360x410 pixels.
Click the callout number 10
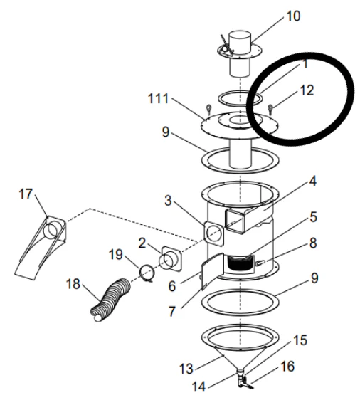tap(293, 16)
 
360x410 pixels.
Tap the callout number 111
tap(158, 99)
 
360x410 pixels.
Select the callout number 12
tap(307, 90)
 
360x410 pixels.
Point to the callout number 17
tap(26, 194)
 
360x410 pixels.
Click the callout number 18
tap(73, 284)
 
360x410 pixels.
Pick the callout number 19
tap(115, 254)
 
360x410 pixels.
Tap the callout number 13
tap(186, 369)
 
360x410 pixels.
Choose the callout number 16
tap(287, 367)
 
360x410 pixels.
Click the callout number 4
tap(312, 181)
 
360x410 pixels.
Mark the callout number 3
tap(168, 201)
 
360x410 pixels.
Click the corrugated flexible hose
tap(110, 300)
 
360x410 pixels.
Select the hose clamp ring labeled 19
tap(148, 273)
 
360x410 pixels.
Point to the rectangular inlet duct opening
tap(235, 221)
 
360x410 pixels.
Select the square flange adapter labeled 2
tap(171, 260)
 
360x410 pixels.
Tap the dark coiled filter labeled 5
tap(240, 263)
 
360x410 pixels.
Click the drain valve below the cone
tap(243, 379)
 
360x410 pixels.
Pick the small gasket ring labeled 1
tap(240, 104)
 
